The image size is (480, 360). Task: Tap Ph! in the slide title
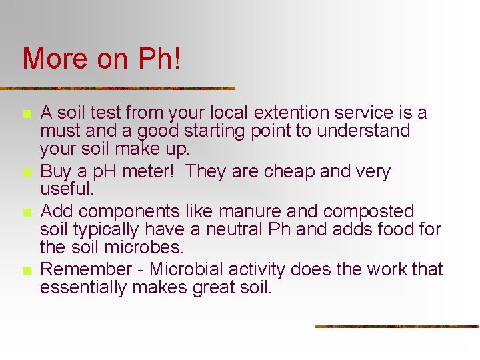click(x=159, y=59)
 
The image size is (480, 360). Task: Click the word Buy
click(x=55, y=171)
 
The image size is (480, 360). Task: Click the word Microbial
click(x=187, y=269)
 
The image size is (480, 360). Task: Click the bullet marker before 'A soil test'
click(x=27, y=115)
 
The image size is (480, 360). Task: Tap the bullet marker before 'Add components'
click(x=27, y=213)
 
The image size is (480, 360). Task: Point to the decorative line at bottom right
click(x=397, y=326)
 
